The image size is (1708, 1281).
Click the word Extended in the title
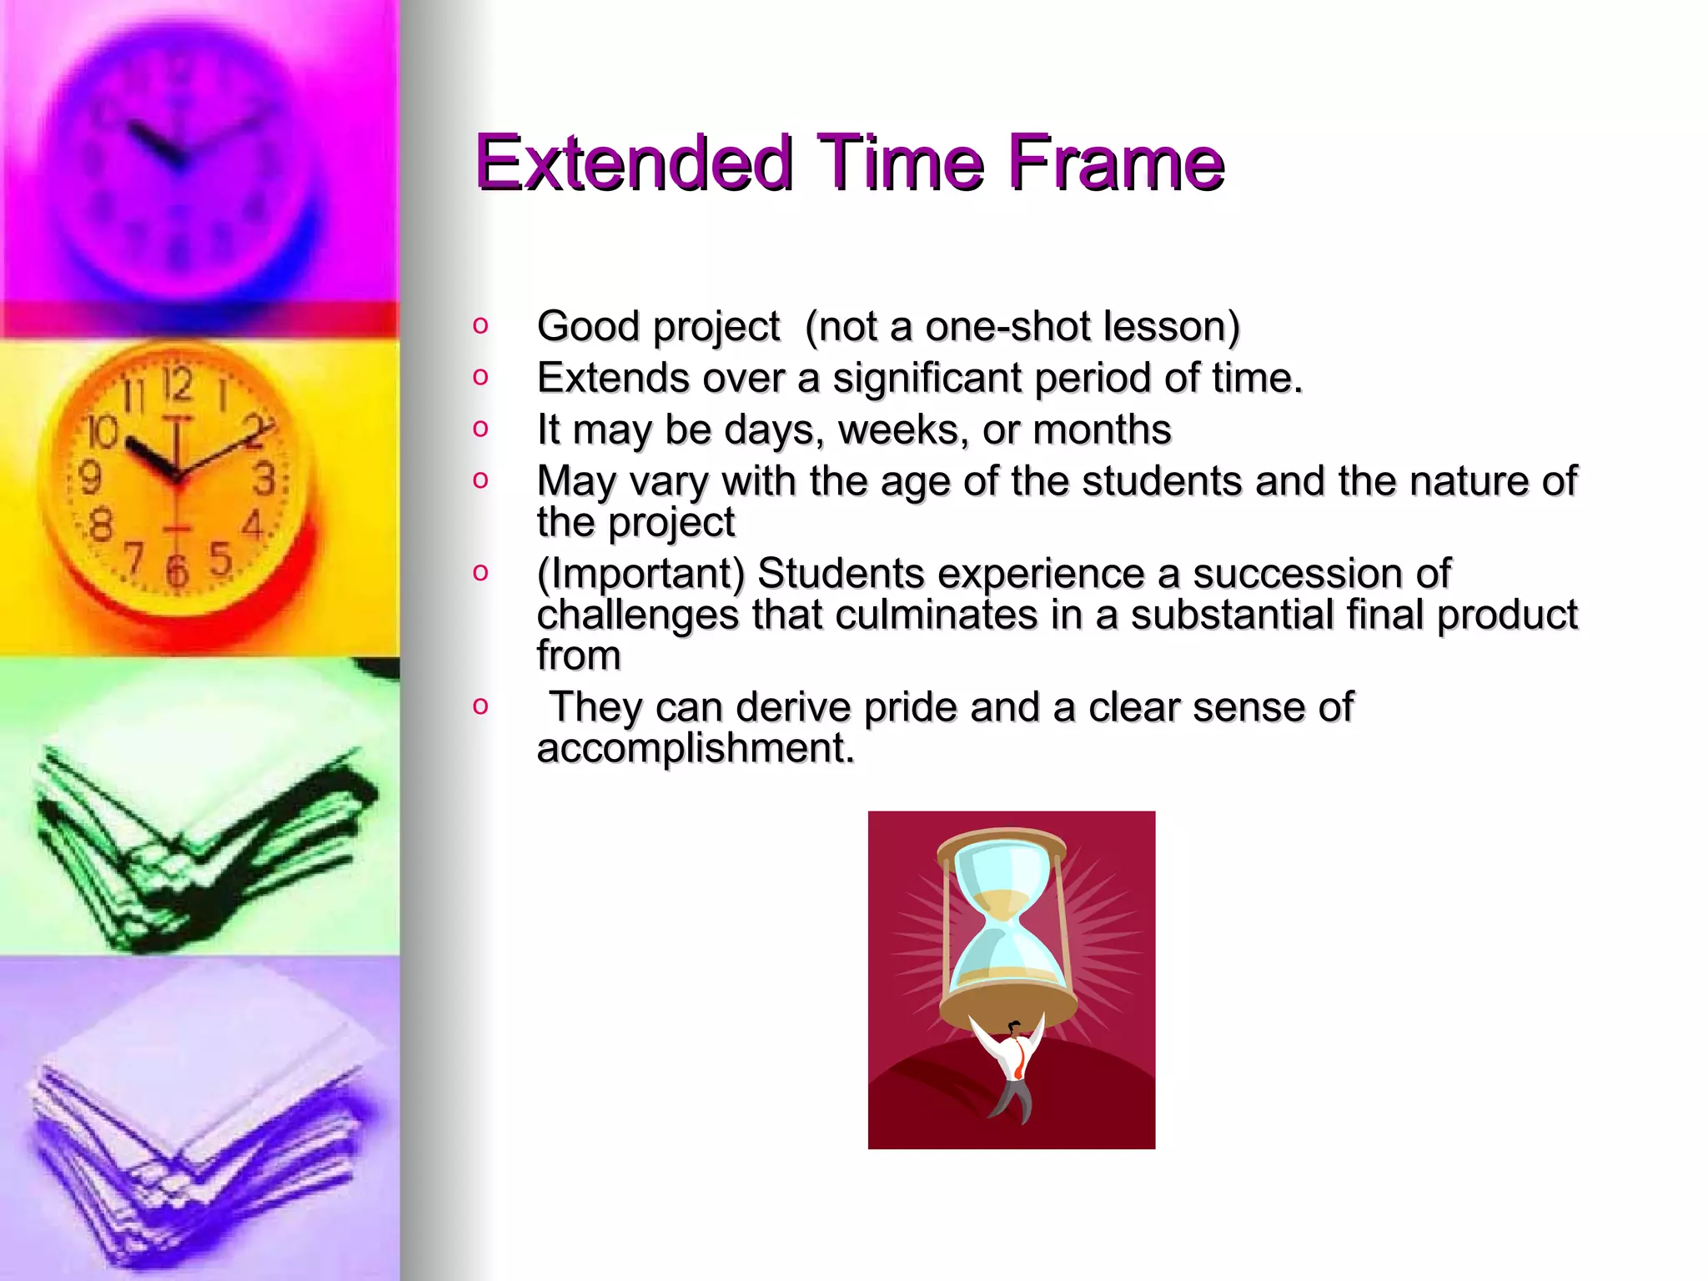coord(632,163)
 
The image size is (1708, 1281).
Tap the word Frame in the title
coord(1115,163)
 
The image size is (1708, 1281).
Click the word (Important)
coord(640,574)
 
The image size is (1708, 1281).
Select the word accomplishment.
coord(695,748)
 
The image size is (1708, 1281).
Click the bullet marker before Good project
coord(480,325)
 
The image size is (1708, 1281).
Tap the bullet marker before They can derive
coord(480,706)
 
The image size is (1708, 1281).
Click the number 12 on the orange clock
coord(177,385)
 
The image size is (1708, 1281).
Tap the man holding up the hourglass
coord(1011,1067)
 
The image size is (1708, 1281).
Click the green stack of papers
coord(200,842)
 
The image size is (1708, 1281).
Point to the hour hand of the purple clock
coord(154,143)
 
